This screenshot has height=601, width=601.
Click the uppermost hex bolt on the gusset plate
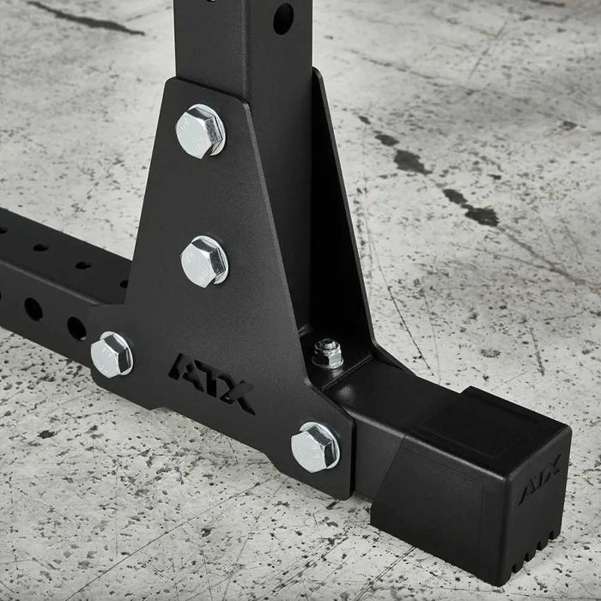click(x=200, y=131)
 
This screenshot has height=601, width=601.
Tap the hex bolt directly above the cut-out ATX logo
click(x=204, y=260)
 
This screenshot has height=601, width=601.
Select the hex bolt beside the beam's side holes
click(x=112, y=354)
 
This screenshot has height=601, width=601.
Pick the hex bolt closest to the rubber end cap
click(x=314, y=446)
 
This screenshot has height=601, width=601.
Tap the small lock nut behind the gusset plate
click(x=327, y=352)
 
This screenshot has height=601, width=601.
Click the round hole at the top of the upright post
click(x=282, y=18)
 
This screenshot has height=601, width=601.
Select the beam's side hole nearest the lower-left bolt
click(x=76, y=327)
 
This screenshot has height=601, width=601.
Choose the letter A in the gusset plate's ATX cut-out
click(x=185, y=368)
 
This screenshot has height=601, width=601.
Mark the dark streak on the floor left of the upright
click(x=86, y=18)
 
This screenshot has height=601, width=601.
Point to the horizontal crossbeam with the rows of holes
click(x=52, y=283)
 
